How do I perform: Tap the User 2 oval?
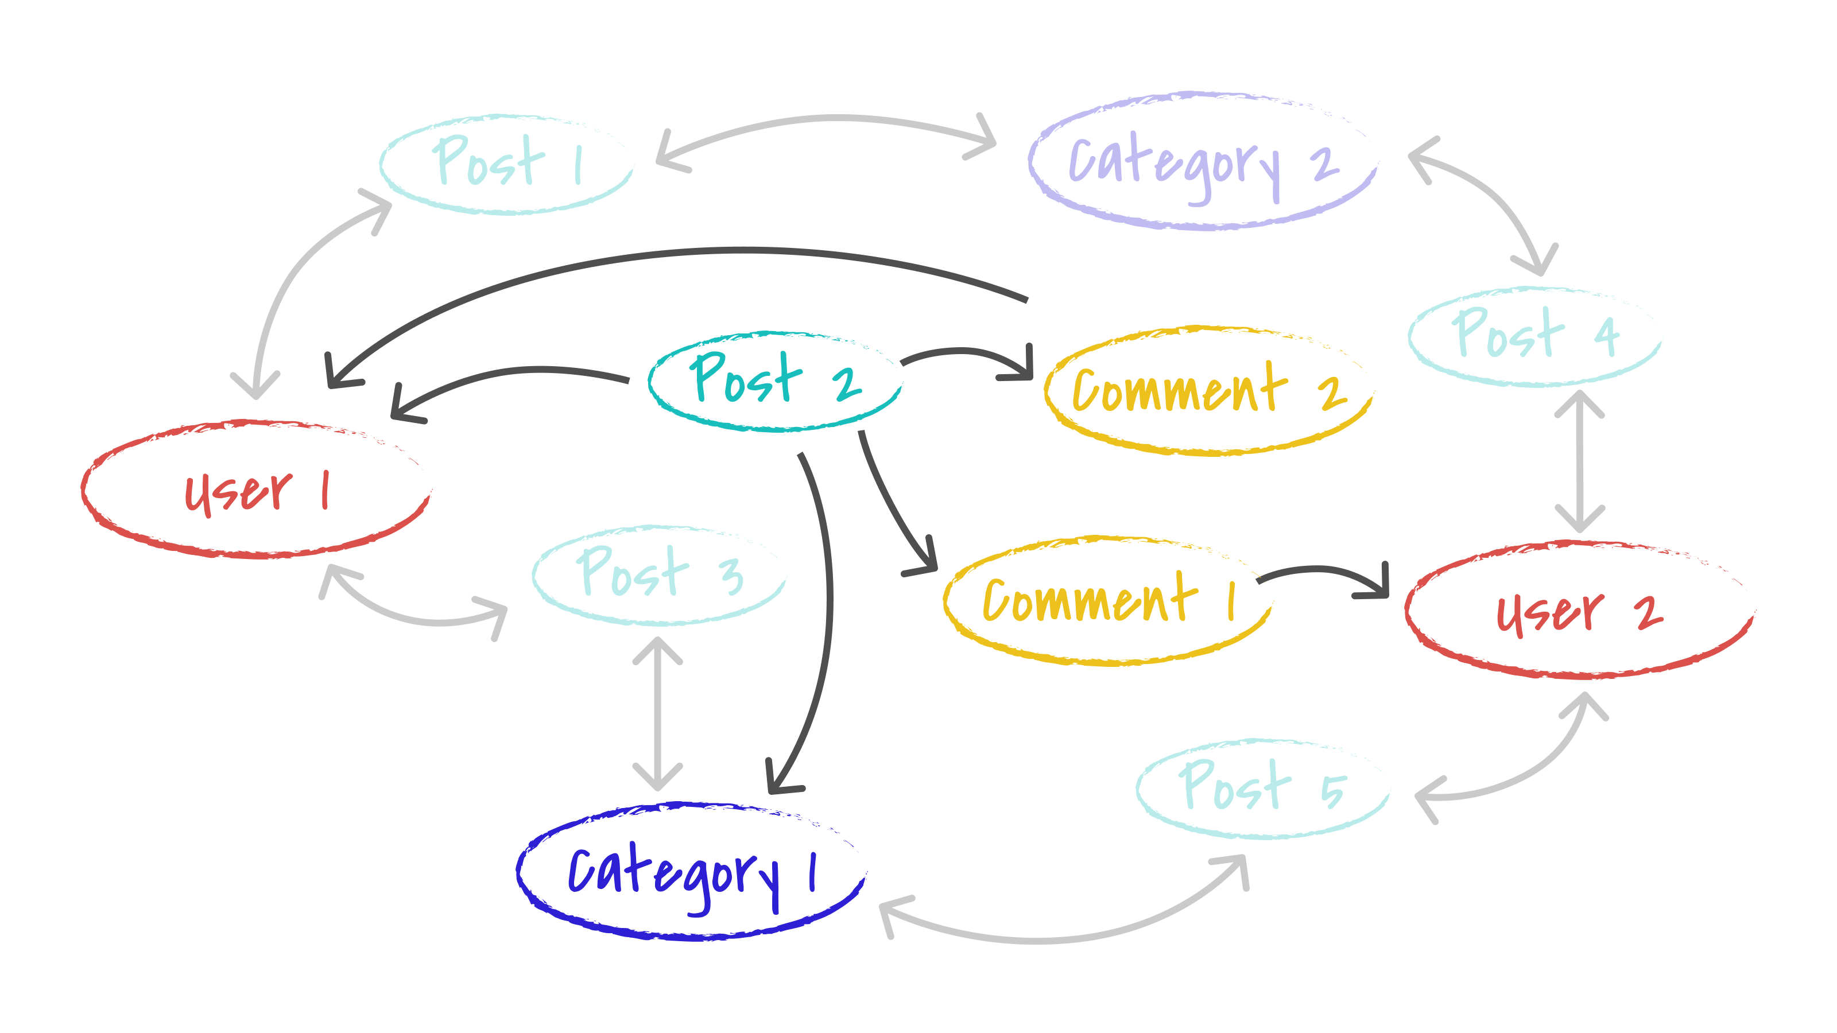click(x=1580, y=611)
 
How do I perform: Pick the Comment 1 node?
click(x=1107, y=600)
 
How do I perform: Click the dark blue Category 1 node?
click(x=690, y=871)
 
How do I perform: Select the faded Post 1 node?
click(x=506, y=164)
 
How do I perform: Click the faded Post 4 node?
click(x=1534, y=336)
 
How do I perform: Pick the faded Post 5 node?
click(x=1262, y=789)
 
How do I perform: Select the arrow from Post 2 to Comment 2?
click(x=966, y=351)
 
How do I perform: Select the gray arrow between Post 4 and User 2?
click(x=1580, y=460)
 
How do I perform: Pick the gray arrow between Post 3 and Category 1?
click(x=657, y=713)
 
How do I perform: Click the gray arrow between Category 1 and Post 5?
click(x=1056, y=939)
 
